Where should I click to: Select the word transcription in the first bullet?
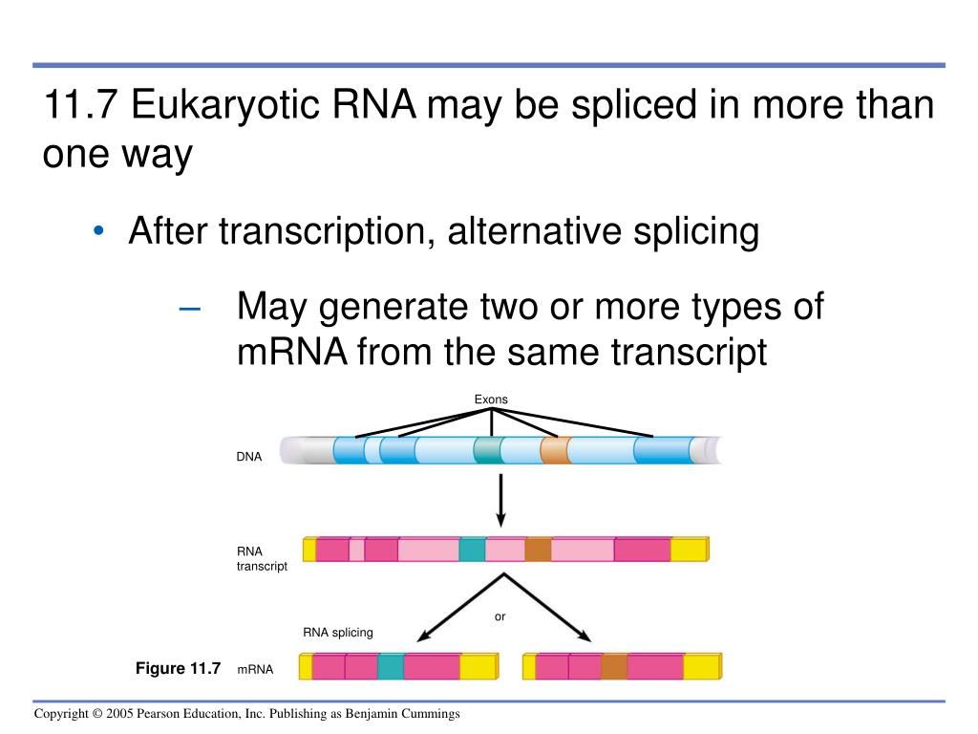[x=320, y=231]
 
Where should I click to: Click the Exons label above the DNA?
[x=491, y=399]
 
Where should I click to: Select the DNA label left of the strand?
[x=249, y=458]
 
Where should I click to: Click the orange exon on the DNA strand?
[x=555, y=449]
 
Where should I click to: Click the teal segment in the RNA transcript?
[x=472, y=550]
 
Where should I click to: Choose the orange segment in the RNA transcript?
[x=538, y=550]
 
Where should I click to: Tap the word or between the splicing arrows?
[x=500, y=616]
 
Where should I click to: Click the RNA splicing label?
[x=338, y=633]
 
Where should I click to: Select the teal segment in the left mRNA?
[x=390, y=666]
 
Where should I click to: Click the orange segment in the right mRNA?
[x=614, y=666]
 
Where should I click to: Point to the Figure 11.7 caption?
[x=178, y=668]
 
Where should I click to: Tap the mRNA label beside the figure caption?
[x=255, y=670]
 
